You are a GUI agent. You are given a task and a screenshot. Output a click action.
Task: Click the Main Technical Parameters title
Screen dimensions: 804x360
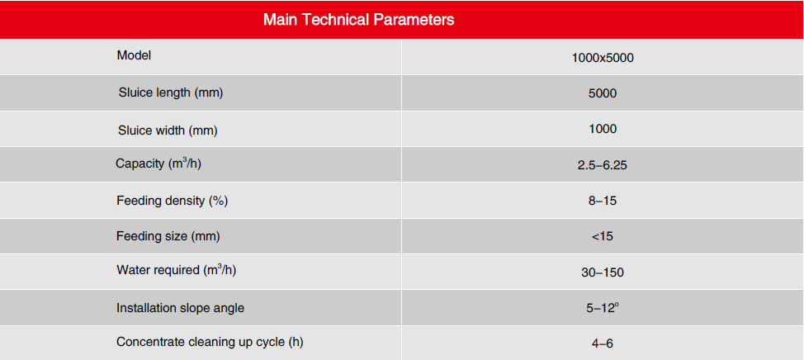point(358,20)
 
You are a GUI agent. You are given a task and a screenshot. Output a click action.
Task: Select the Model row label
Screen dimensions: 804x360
point(134,55)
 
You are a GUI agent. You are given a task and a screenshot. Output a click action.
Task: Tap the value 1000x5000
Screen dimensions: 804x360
point(603,58)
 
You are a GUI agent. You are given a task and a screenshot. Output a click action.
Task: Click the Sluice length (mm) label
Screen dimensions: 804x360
point(171,92)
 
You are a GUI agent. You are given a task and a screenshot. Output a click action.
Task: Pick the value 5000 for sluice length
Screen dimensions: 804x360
point(603,93)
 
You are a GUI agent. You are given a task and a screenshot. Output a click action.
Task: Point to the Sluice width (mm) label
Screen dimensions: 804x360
point(168,130)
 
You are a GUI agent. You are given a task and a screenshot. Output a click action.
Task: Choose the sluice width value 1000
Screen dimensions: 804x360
point(603,129)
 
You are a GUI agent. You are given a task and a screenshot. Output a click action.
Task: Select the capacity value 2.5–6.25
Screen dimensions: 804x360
point(603,166)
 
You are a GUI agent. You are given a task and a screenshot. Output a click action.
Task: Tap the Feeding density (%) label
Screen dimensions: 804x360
point(173,201)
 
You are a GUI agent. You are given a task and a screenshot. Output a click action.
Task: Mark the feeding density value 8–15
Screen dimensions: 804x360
point(603,201)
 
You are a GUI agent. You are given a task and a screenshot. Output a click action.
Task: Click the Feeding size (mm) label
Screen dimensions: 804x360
point(168,236)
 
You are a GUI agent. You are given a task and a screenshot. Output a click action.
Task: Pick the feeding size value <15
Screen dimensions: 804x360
point(603,236)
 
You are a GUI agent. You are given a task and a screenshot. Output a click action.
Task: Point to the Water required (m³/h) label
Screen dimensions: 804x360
point(177,270)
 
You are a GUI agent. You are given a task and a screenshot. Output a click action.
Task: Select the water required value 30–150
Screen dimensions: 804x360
point(603,272)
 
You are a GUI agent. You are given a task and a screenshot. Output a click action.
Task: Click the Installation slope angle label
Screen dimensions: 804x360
point(181,308)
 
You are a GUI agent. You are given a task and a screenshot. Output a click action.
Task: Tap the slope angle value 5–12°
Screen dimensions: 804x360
point(603,309)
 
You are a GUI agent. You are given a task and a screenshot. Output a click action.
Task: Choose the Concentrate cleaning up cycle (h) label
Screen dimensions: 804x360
point(210,342)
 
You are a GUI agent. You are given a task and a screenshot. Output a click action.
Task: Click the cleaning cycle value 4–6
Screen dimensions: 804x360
point(603,343)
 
